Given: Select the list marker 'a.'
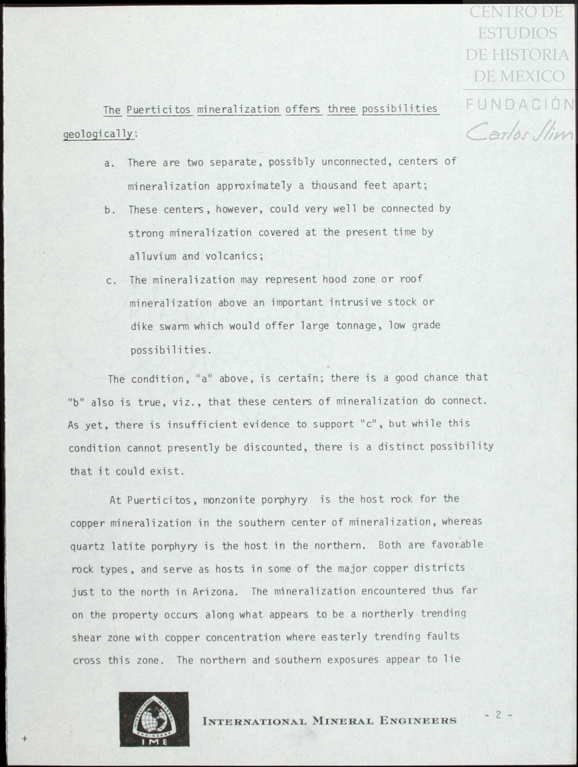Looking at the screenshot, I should click(109, 164).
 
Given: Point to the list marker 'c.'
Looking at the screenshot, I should click(111, 281).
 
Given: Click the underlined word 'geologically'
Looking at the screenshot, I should click(98, 134).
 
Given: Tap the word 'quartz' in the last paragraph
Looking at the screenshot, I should click(87, 546).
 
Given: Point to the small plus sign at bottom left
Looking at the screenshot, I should click(25, 739).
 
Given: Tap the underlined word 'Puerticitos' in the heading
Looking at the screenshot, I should click(159, 109).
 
